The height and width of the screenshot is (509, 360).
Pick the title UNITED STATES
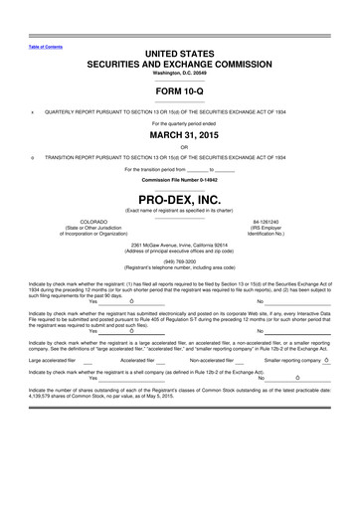click(180, 51)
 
